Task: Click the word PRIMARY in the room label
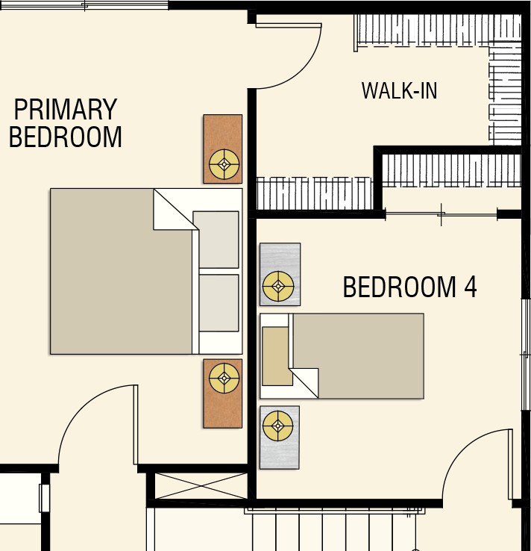66,109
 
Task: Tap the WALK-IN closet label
400,90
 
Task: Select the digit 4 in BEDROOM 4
471,287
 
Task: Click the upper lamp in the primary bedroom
224,164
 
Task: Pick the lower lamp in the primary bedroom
224,378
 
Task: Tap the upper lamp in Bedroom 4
278,286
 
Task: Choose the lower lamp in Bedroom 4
278,426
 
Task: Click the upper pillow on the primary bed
216,240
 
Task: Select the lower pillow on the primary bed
219,303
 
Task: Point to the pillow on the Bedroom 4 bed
277,356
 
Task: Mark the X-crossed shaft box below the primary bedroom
201,486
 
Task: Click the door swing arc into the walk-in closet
303,71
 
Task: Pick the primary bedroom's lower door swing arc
80,405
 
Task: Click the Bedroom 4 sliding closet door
442,214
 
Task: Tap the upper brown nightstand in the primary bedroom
222,149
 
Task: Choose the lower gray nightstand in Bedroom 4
280,438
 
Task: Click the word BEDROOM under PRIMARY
66,137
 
